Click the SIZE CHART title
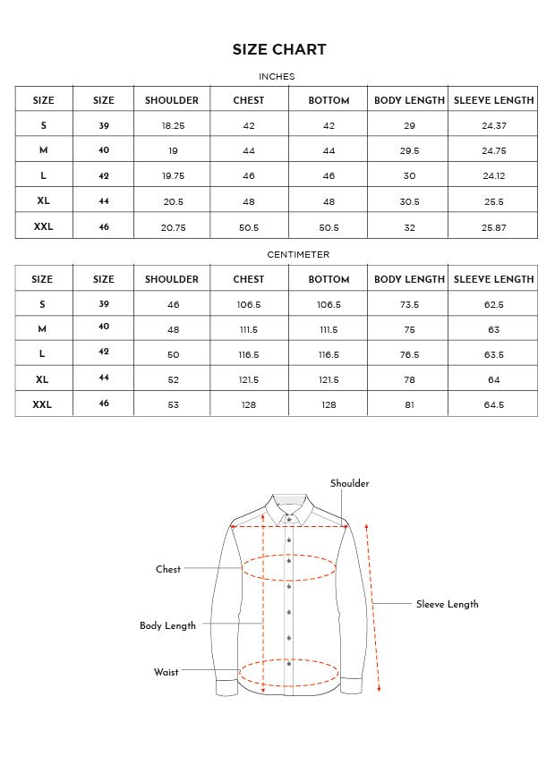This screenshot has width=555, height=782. tap(279, 50)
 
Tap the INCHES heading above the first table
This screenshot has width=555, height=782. tap(277, 77)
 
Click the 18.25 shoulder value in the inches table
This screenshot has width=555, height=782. tap(174, 126)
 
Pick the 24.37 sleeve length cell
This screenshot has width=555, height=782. tap(494, 126)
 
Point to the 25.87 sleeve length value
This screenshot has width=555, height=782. tap(494, 228)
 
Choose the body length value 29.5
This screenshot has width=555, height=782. tap(409, 151)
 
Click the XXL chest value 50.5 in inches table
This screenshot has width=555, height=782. tap(249, 228)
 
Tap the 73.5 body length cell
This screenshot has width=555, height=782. tap(409, 305)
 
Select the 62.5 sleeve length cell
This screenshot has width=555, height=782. tap(494, 305)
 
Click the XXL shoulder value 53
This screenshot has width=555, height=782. tap(174, 405)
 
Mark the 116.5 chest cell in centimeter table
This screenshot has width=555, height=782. tap(249, 355)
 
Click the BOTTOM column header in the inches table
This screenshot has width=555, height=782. tap(329, 100)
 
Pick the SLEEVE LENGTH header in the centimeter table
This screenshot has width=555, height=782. tap(494, 279)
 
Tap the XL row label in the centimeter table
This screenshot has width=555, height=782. tap(42, 379)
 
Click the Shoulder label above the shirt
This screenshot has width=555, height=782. tap(349, 484)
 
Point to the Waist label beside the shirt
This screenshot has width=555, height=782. tap(166, 672)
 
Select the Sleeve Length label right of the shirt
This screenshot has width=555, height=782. tap(447, 605)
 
